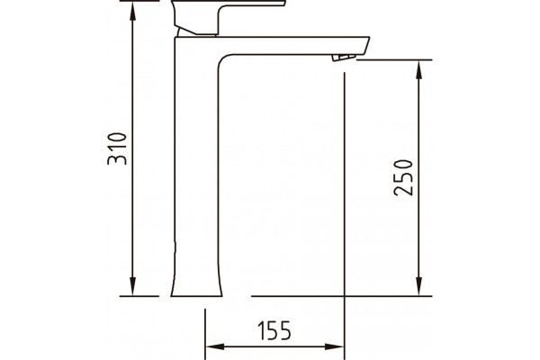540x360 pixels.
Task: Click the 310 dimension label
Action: pos(117,148)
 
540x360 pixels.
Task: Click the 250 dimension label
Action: pos(403,178)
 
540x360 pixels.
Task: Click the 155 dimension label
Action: pos(274,330)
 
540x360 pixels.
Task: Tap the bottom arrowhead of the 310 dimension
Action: pos(133,286)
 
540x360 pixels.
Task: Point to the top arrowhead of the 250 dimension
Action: pos(418,70)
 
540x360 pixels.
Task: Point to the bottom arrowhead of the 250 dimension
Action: pos(418,286)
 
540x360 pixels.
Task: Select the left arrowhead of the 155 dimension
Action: pos(215,346)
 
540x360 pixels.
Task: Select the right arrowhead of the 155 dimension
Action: pos(335,346)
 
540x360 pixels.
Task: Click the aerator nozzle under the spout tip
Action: pos(344,58)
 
